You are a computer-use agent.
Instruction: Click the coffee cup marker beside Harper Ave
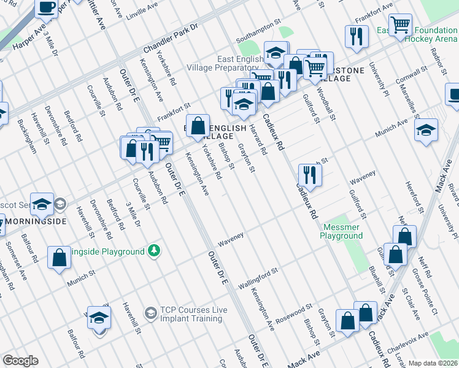pos(47,7)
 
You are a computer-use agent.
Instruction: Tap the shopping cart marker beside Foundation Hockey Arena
pos(401,26)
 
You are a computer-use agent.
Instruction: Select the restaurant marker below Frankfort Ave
pos(357,36)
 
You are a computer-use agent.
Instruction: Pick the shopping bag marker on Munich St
pos(59,258)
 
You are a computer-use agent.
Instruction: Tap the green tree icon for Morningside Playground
pos(153,251)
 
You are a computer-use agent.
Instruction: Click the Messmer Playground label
pos(342,231)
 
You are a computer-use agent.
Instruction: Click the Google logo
pos(20,361)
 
